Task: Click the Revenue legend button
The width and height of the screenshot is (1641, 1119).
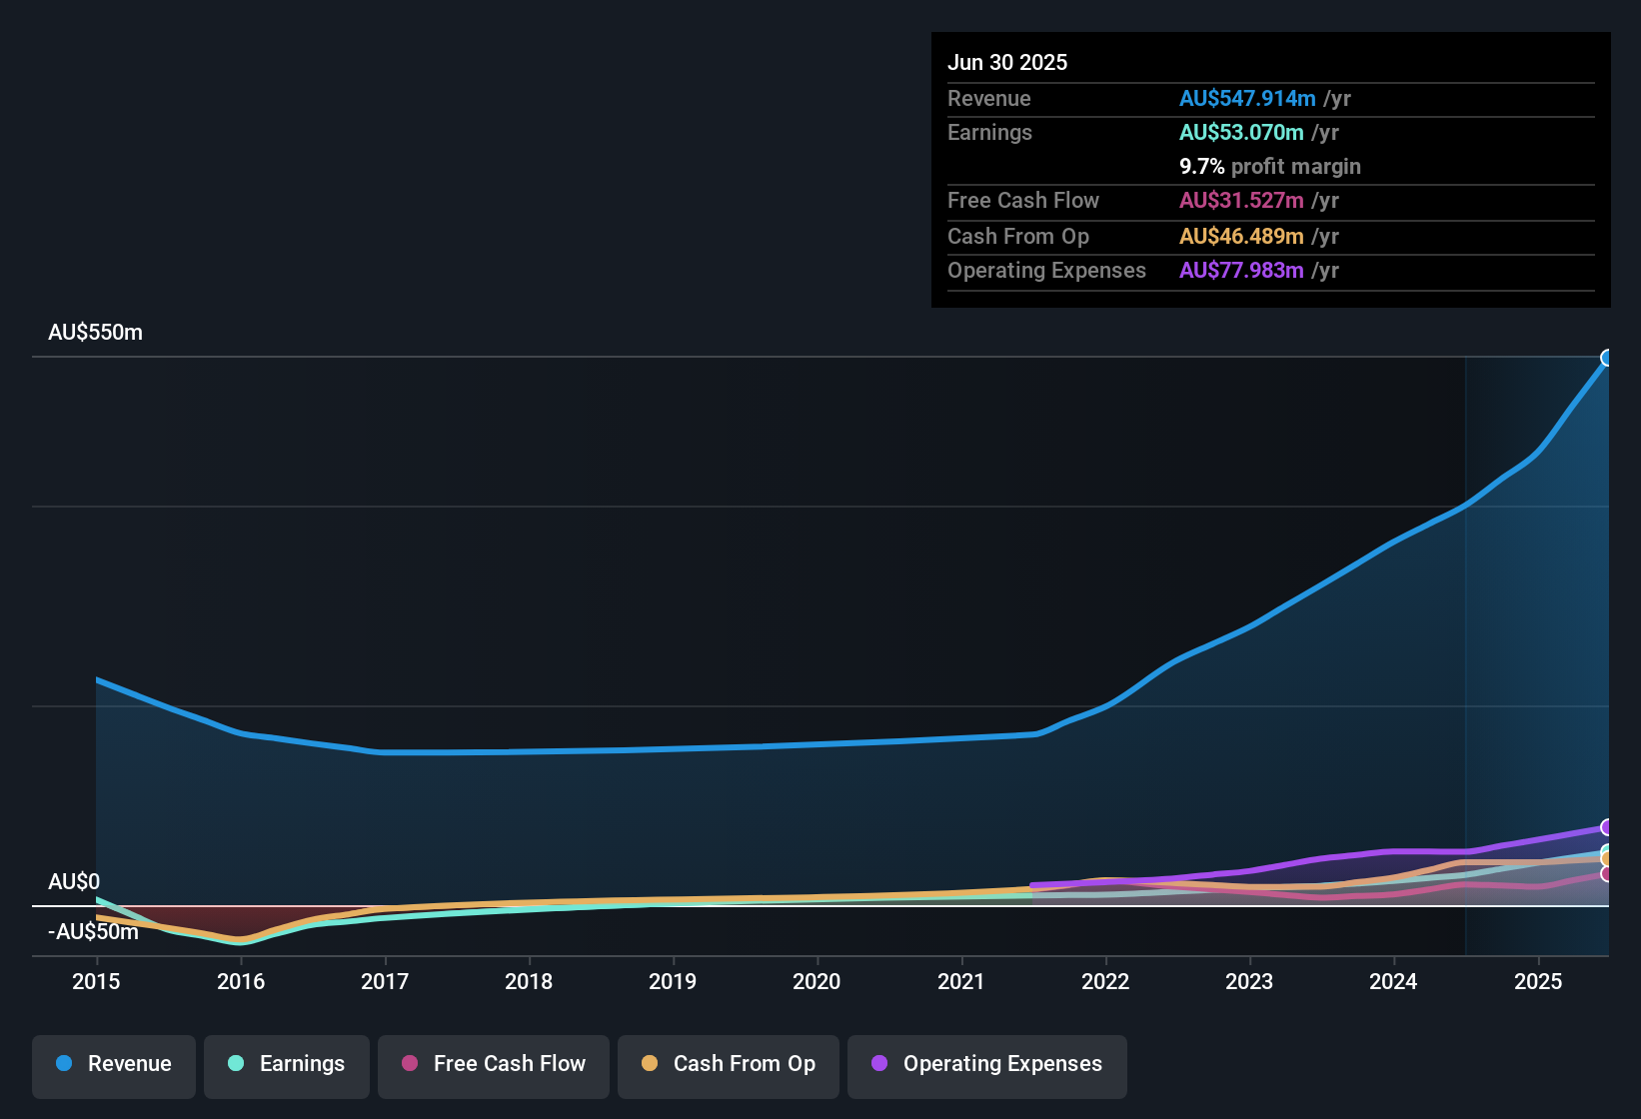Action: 114,1064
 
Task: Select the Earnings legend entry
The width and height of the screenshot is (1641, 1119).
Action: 287,1064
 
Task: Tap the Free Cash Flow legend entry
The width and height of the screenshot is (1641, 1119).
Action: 494,1064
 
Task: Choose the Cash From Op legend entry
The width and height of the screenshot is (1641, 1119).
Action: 729,1064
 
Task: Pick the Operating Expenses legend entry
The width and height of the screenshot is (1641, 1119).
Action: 987,1064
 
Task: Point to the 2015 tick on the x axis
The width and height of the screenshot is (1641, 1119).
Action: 96,981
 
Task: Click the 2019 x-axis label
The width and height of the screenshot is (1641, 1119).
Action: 673,981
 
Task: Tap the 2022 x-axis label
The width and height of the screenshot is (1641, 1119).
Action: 1105,981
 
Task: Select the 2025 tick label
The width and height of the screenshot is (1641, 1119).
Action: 1538,981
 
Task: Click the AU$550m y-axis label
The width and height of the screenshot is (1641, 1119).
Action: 95,333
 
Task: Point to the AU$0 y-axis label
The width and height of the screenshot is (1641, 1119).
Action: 74,882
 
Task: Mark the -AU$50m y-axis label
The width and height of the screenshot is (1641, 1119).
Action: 93,932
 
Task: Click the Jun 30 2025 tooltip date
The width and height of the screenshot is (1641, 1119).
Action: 1007,63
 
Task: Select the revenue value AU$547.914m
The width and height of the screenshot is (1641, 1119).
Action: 1247,99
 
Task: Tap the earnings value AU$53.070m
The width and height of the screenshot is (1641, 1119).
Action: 1241,133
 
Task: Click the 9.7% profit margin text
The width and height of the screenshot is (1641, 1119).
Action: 1270,167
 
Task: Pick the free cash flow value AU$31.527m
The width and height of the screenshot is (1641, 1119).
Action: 1241,201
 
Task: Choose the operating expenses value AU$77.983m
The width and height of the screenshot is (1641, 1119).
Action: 1241,271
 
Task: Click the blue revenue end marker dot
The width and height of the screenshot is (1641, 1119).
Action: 1607,358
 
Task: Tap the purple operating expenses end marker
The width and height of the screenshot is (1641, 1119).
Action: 1607,827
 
